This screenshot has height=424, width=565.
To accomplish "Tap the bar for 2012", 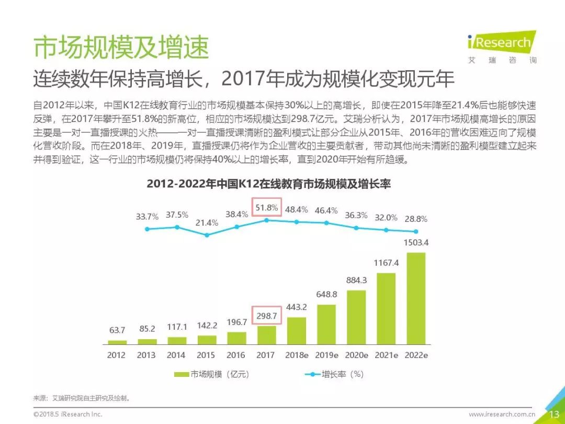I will point(117,342).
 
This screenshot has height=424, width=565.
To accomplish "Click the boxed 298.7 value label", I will point(266,315).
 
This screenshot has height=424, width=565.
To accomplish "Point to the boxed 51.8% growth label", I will point(266,208).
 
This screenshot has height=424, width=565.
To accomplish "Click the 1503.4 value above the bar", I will point(416,243).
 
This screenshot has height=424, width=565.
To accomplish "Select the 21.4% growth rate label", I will point(207,223).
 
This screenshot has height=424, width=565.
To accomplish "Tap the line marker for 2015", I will point(207,235).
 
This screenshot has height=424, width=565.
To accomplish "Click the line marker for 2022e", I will point(416,231).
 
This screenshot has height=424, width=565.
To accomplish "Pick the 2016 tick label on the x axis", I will point(236,355).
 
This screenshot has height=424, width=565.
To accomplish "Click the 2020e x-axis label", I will point(356,355).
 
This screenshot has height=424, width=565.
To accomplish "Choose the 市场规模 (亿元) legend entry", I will point(212,374).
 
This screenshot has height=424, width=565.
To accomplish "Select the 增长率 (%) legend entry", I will point(335,374).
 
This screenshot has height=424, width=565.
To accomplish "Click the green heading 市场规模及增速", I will point(121,48).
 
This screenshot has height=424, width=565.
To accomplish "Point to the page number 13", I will point(553,414).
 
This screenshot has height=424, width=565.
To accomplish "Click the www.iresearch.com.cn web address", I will point(502,415).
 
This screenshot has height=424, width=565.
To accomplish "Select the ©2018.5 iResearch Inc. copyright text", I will point(68,415).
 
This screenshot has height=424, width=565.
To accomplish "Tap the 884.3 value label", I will point(356,280).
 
